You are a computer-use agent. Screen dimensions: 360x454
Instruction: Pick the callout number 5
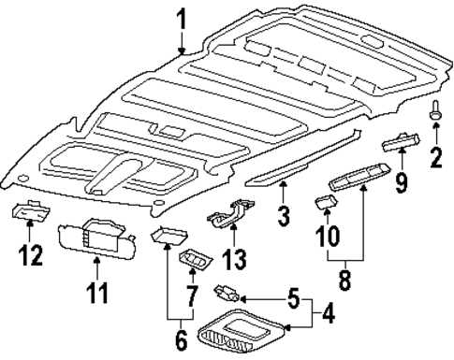click(x=293, y=302)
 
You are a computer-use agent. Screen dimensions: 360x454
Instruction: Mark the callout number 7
click(x=192, y=298)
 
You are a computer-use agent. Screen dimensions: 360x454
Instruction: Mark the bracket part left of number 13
click(x=227, y=220)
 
